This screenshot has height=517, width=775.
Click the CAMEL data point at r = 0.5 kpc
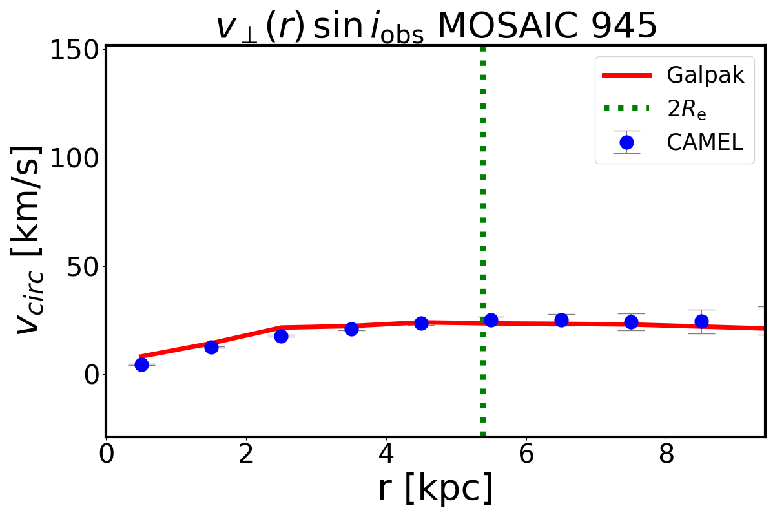141,364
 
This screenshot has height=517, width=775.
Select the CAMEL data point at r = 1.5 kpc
211,347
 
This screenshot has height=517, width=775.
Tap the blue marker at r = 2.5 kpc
281,336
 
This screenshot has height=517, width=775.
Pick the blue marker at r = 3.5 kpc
351,329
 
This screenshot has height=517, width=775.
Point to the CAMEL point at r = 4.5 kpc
421,323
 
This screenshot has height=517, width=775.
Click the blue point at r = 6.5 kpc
561,320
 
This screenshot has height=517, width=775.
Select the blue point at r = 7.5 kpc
631,322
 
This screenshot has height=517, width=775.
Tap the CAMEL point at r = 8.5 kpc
701,321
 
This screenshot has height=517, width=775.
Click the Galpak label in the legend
705,76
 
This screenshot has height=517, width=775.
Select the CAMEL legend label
705,142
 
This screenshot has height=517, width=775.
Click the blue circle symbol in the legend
626,142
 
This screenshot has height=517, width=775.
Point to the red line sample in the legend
626,76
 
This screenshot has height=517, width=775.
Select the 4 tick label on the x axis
386,454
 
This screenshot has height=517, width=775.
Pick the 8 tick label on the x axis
666,454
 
